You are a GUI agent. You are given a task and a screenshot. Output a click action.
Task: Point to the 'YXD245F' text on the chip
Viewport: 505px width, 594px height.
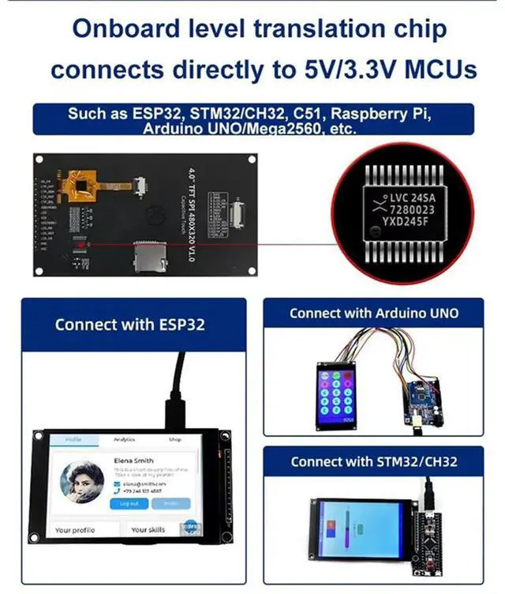click(407, 225)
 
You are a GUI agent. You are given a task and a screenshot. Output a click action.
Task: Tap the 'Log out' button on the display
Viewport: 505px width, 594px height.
click(129, 503)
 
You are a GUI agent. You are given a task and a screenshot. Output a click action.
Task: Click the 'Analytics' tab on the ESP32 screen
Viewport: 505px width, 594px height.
click(125, 439)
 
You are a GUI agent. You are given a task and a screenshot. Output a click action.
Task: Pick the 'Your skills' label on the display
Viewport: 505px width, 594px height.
click(148, 529)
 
